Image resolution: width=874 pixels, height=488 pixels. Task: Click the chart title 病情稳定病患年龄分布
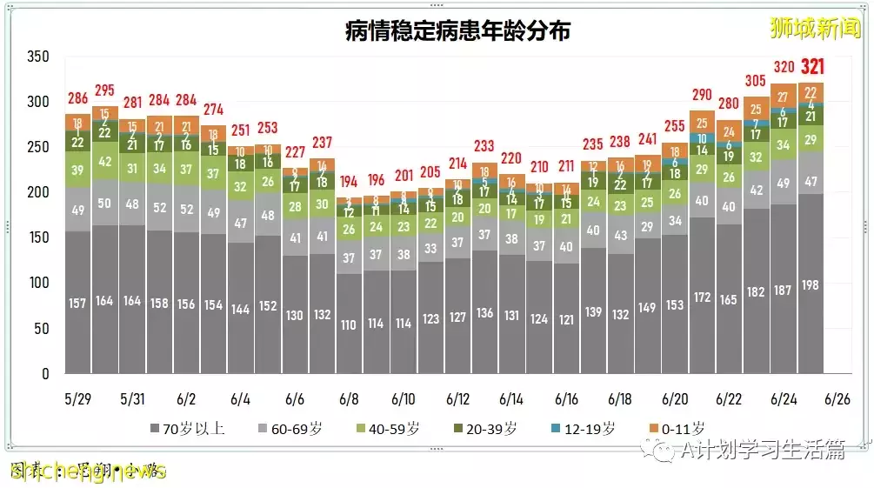[458, 31]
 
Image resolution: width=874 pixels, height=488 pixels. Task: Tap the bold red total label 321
[812, 67]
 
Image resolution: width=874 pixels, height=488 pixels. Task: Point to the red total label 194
[349, 181]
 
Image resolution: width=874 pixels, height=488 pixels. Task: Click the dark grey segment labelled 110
[349, 324]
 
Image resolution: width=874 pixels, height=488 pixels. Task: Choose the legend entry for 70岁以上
[188, 428]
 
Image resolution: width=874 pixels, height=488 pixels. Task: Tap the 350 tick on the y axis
[37, 57]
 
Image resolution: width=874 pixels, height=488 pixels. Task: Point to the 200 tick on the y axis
[37, 192]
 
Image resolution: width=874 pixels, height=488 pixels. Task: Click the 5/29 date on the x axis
[77, 398]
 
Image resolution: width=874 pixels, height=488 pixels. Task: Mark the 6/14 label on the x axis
[512, 398]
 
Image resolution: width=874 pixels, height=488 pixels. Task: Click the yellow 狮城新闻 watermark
[814, 29]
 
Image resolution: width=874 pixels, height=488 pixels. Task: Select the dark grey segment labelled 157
[78, 303]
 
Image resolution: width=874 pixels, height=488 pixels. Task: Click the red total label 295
[105, 90]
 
